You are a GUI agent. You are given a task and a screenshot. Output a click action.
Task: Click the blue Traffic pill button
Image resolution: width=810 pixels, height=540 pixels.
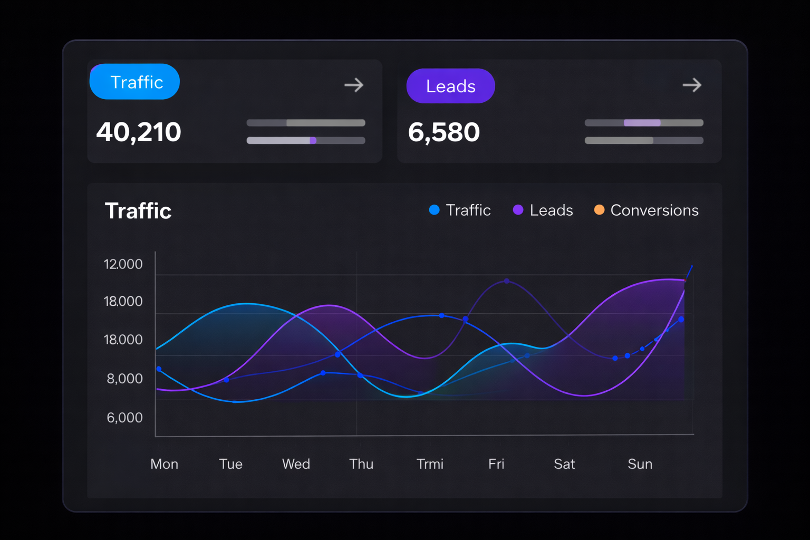click(135, 82)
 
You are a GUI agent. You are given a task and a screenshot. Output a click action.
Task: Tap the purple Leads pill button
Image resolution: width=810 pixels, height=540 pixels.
click(450, 86)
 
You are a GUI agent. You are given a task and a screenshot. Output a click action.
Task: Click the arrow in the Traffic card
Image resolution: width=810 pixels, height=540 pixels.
click(354, 85)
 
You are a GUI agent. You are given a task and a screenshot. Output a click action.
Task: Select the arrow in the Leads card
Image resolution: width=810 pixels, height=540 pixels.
click(692, 85)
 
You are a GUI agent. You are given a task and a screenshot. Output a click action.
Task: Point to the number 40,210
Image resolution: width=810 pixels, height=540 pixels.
click(139, 132)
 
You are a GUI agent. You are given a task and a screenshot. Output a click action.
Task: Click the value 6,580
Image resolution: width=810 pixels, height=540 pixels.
click(443, 132)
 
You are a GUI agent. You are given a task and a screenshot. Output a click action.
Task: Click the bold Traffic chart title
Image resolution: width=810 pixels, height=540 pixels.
click(138, 211)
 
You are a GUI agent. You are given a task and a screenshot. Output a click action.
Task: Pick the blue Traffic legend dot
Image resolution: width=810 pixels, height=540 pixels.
click(435, 210)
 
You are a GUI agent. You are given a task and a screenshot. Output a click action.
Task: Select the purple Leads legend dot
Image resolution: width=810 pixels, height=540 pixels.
click(518, 210)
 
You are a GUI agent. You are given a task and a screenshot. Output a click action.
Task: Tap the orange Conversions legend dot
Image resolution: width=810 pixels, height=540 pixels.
click(599, 210)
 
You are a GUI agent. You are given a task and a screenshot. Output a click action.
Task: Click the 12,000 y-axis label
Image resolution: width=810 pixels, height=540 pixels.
click(123, 264)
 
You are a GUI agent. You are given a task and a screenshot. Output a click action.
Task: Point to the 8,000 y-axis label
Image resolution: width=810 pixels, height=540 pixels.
click(125, 379)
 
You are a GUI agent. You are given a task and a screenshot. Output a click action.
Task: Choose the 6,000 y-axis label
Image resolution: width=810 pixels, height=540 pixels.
click(125, 418)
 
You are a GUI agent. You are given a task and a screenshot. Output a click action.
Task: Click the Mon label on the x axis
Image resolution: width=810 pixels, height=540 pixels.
click(164, 464)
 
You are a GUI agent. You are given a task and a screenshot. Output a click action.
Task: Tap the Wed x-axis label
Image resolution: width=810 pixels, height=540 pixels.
click(296, 464)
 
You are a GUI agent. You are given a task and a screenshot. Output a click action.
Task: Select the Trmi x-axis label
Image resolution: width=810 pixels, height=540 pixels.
click(430, 464)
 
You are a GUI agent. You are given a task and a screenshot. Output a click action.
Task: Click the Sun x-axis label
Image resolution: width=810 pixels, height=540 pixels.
click(640, 464)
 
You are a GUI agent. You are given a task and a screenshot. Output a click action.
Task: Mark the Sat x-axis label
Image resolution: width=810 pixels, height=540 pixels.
click(564, 464)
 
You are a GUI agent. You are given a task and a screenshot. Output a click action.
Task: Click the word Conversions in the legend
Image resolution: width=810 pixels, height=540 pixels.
click(654, 210)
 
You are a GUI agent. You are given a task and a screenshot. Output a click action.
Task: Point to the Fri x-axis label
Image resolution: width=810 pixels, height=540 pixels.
click(496, 464)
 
